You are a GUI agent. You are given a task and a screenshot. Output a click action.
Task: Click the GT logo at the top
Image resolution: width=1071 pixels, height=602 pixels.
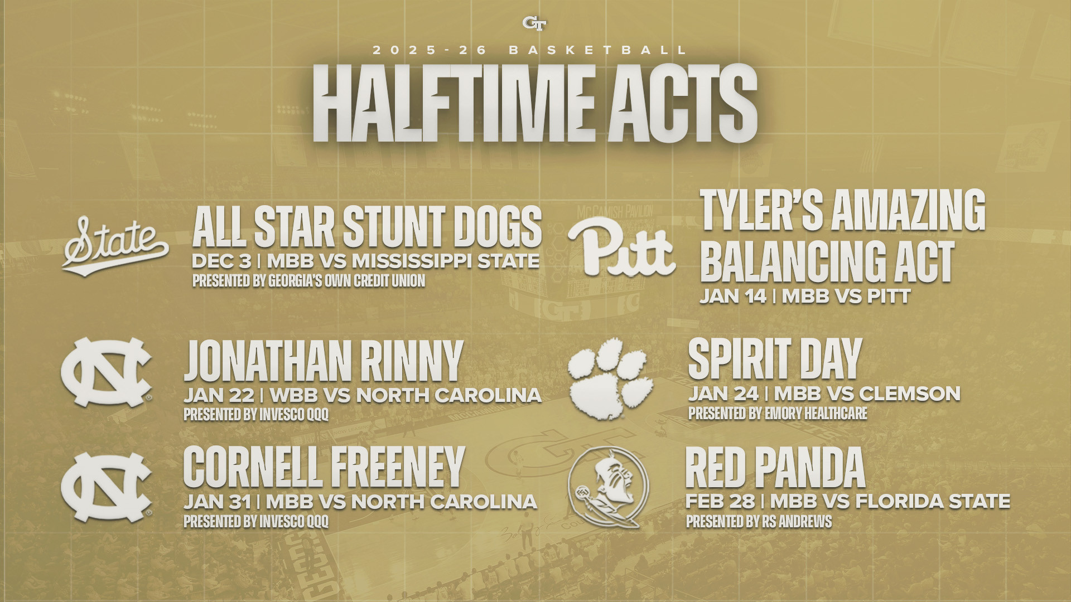(x=534, y=23)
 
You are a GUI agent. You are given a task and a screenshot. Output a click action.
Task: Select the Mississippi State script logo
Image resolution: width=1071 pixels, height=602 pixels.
(x=116, y=246)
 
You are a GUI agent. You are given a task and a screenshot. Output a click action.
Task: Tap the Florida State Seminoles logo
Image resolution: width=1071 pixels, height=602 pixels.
(x=608, y=488)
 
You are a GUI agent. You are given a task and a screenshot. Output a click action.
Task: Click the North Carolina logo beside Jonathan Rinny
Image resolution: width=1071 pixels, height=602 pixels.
(x=106, y=372)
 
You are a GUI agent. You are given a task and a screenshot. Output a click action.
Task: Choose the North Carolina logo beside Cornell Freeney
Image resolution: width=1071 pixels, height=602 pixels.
(x=106, y=487)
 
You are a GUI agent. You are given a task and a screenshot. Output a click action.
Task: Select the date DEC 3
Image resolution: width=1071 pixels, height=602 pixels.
(x=221, y=261)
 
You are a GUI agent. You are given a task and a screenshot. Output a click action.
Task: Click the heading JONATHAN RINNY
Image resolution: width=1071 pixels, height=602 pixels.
(x=324, y=361)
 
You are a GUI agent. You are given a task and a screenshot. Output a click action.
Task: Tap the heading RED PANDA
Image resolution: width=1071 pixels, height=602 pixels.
(x=775, y=468)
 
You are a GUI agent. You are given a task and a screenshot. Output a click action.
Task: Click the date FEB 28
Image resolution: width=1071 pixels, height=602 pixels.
(x=720, y=501)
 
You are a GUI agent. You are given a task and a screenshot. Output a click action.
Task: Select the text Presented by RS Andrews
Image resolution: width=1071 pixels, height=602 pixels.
(x=759, y=522)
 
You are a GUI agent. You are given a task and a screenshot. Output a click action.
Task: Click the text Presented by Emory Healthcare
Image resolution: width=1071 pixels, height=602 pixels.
(x=778, y=414)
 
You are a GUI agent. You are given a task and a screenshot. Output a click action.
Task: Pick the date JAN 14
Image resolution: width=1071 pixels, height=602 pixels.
(x=734, y=297)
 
